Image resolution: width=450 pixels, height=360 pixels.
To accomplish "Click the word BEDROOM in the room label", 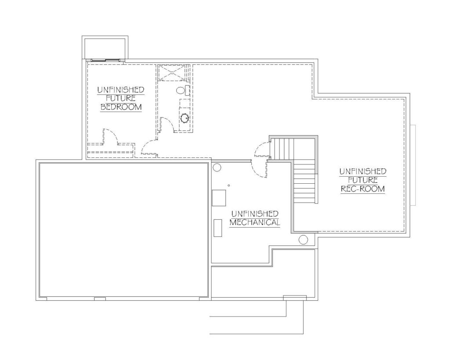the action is tap(121, 107).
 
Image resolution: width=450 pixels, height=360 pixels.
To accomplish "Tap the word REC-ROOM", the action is tap(363, 189).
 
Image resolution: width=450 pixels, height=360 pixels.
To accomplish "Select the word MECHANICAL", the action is tap(254, 222).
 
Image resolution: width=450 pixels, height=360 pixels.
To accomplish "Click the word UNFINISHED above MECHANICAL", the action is tap(255, 214).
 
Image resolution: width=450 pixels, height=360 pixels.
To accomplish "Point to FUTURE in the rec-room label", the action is tap(363, 180).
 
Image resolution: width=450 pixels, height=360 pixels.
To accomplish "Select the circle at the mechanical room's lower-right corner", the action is tap(303, 240).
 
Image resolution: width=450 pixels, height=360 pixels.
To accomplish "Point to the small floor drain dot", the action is tap(229, 185).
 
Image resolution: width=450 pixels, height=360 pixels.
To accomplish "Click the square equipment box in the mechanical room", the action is tap(219, 198).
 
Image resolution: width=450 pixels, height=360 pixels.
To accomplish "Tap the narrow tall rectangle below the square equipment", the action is tap(218, 228).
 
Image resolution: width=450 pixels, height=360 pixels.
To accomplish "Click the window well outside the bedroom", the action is tap(105, 47).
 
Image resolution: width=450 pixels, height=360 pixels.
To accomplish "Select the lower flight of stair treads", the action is tap(305, 184).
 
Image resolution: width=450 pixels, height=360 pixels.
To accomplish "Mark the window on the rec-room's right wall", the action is tap(413, 165).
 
